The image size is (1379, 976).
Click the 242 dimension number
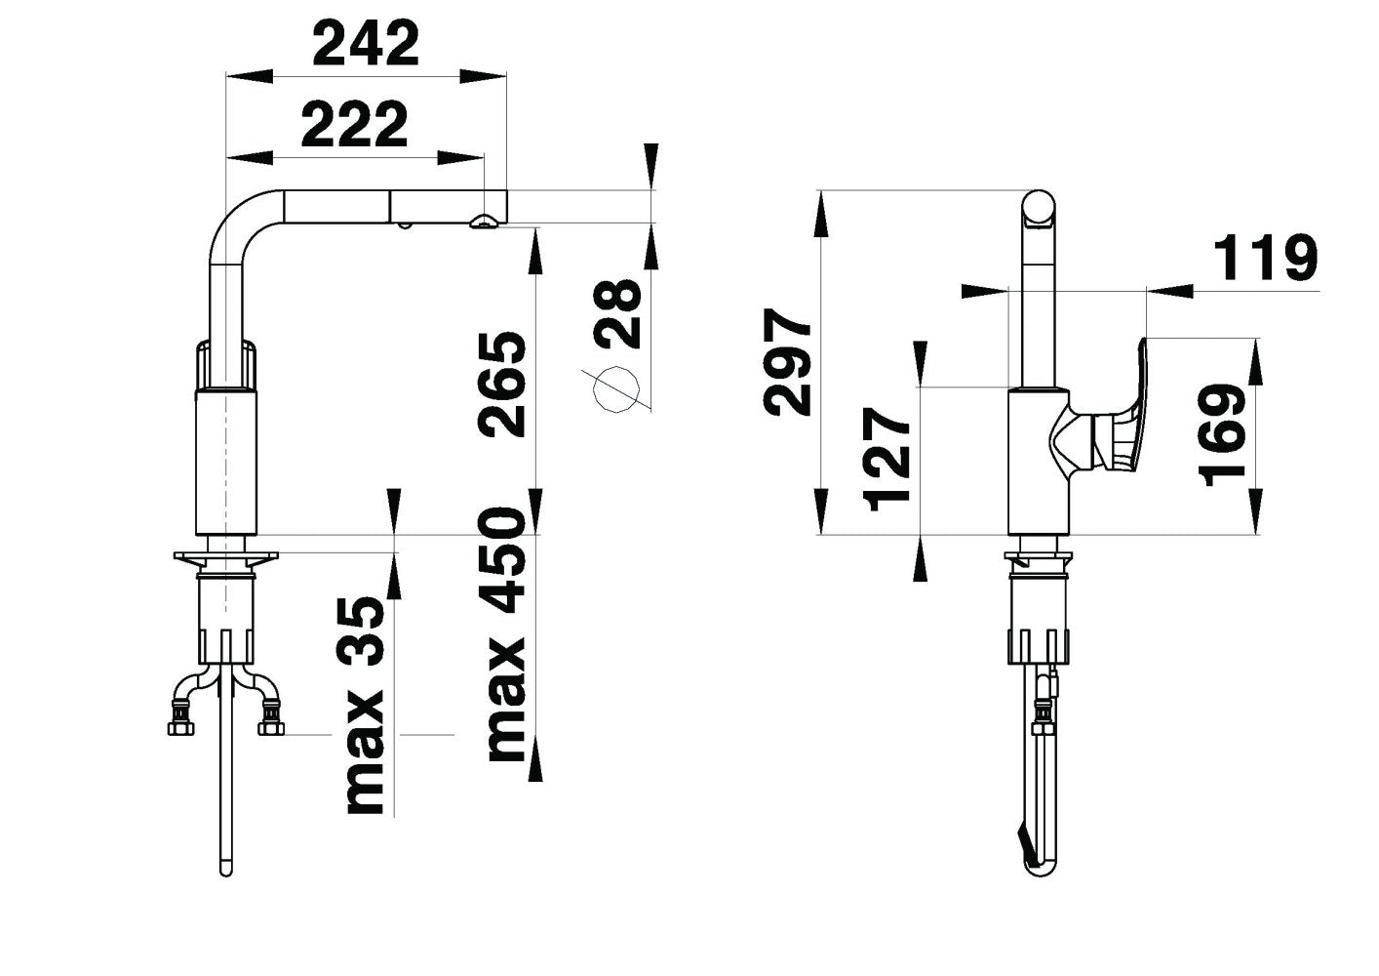click(366, 43)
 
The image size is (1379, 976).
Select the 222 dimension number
click(355, 124)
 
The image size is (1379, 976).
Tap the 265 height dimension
click(502, 385)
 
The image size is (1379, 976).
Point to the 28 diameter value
click(617, 313)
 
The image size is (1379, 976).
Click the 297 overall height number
click(787, 362)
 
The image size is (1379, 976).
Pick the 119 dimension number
click(1266, 257)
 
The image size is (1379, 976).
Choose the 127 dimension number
click(886, 460)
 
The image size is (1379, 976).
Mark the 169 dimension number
click(1223, 435)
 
